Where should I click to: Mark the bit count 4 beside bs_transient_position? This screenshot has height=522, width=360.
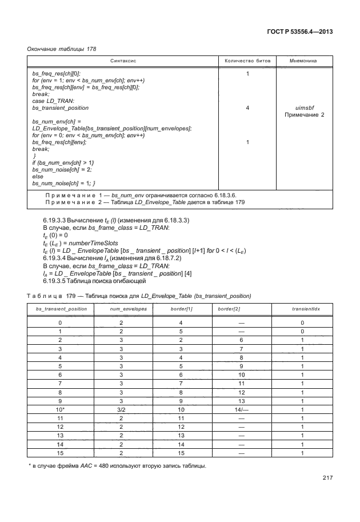[247, 107]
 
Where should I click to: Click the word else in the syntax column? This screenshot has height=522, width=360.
[37, 176]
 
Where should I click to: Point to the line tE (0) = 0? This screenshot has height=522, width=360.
[55, 234]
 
